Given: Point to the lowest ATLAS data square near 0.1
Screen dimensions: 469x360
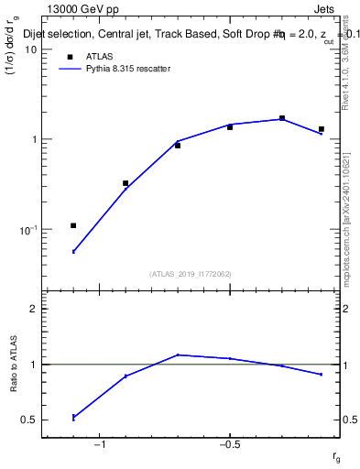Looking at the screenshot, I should (x=73, y=225).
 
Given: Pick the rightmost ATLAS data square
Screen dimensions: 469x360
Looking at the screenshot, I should (x=322, y=129).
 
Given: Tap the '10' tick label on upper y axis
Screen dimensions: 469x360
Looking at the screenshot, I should (x=31, y=49).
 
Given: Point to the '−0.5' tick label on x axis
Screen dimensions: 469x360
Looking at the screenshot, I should (x=229, y=444).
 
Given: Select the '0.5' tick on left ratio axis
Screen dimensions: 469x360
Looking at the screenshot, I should (x=30, y=420).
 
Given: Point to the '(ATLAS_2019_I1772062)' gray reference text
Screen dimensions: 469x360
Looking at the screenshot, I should (x=191, y=273).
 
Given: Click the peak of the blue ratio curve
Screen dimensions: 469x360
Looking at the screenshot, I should (x=178, y=354).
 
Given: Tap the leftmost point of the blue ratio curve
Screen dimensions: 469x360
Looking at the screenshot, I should (x=73, y=418).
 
